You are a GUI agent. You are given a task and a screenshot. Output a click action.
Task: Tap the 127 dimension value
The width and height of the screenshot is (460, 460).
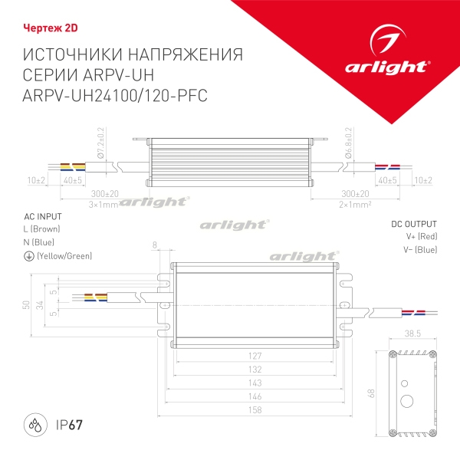255,356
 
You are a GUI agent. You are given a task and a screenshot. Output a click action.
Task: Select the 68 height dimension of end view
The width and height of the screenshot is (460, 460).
372,393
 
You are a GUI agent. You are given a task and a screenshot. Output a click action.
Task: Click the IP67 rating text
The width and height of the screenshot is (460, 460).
69,423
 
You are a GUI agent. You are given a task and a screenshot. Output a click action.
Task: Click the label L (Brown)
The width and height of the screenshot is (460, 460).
42,228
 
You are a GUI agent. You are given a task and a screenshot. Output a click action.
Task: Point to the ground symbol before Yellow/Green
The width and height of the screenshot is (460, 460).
28,256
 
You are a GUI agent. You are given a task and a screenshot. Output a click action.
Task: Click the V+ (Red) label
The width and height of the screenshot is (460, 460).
422,236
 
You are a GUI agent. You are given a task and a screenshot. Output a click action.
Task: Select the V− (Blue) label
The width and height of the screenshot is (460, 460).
422,249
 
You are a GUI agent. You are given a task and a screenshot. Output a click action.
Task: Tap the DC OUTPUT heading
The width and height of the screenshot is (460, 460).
414,223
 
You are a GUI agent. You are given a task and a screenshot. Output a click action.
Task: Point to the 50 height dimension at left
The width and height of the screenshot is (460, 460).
25,304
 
